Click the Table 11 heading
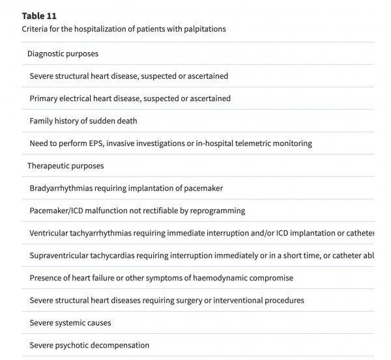click(40, 16)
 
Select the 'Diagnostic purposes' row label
click(63, 53)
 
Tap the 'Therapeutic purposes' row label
click(65, 166)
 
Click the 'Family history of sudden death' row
click(83, 121)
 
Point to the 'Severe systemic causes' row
click(70, 323)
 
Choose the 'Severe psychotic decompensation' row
click(89, 345)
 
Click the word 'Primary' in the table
click(44, 98)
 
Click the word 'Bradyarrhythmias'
click(61, 188)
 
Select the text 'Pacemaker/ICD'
click(57, 211)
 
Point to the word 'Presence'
click(46, 278)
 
